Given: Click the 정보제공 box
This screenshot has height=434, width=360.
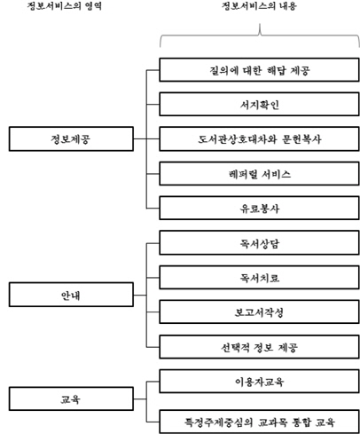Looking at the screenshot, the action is click(71, 138).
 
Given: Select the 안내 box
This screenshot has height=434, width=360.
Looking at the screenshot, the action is click(71, 295).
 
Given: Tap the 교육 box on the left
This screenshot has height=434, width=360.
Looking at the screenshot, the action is click(71, 398).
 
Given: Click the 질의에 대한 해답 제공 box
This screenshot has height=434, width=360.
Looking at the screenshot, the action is click(259, 70).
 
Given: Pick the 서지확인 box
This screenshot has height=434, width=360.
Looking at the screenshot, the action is click(259, 104).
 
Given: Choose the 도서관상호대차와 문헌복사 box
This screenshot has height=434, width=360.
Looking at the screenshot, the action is click(259, 138).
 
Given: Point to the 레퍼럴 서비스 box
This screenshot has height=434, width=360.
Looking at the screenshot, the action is click(259, 173).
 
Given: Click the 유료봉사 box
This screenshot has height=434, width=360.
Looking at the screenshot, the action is click(259, 208).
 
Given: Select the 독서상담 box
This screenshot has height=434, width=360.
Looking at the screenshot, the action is click(259, 243).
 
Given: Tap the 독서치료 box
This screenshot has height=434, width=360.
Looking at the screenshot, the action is click(259, 278).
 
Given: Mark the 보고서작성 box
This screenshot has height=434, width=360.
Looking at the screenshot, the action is click(259, 312).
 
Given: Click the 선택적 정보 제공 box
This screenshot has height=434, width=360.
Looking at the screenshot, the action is click(259, 347).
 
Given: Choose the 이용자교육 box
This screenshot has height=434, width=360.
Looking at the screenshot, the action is click(259, 381).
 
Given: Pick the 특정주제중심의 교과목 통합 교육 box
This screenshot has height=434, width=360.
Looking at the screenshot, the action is click(259, 422).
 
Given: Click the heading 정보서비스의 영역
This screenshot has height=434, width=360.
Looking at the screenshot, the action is click(65, 6).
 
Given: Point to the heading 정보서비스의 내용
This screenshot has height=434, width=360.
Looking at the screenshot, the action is click(259, 6).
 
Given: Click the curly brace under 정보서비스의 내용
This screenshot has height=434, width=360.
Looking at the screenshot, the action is click(260, 36).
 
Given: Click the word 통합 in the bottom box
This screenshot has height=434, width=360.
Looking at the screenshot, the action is click(301, 422).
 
